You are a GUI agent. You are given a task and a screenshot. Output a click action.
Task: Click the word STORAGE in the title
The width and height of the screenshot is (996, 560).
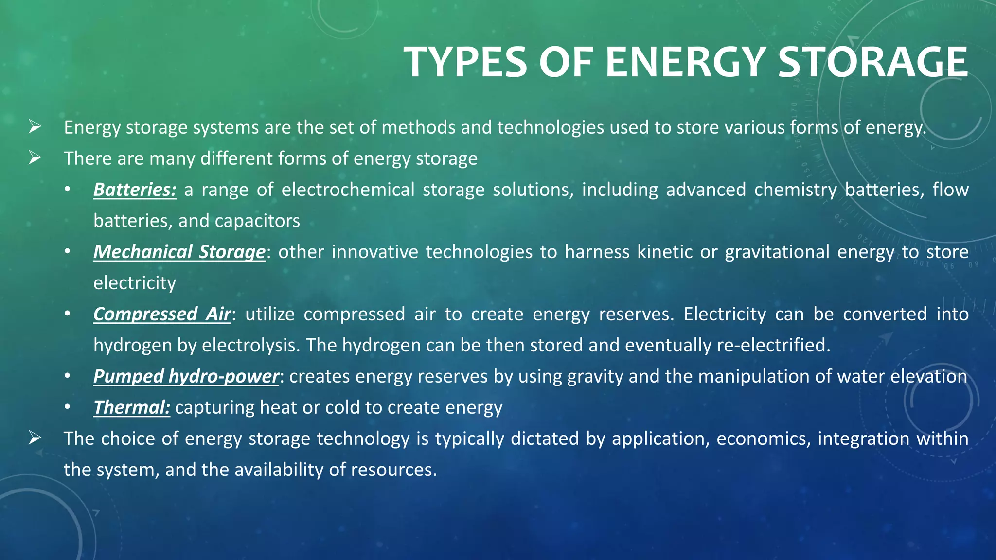tap(872, 62)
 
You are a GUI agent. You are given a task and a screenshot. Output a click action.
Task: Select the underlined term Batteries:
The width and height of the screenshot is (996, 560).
tap(135, 190)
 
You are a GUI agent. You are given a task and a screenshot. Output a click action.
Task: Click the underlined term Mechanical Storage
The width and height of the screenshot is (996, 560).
tap(179, 252)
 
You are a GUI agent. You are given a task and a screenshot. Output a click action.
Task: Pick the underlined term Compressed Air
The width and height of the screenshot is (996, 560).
tap(162, 314)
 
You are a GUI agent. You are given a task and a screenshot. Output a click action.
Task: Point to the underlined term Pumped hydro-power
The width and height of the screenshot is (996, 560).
tap(186, 376)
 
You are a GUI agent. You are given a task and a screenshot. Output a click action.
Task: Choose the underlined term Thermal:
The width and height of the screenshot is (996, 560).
tap(132, 407)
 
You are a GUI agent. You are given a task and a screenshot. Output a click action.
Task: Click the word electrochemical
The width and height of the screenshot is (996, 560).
tap(348, 190)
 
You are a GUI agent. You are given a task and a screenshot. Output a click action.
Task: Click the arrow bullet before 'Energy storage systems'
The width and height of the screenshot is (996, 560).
tap(35, 127)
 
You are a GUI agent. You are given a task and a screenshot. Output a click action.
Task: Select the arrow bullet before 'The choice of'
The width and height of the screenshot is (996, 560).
tap(35, 438)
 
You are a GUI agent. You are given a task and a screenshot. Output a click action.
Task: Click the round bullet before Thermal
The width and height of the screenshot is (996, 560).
tap(67, 407)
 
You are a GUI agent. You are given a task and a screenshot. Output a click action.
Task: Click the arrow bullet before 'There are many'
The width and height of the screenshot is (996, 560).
tap(35, 158)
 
